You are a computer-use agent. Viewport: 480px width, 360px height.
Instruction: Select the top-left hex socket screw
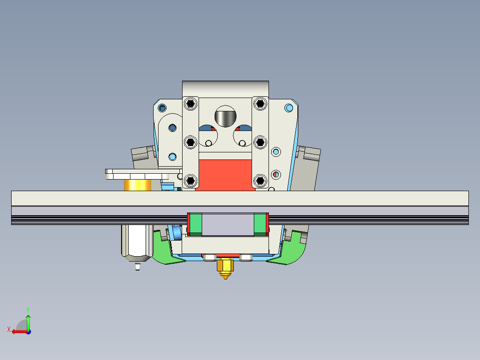pos(191,104)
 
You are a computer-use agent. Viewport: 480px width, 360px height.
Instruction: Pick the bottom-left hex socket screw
pos(191,180)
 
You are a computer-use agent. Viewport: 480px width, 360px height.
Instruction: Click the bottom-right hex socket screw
pos(260,180)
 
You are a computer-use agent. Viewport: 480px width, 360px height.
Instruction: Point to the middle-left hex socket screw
pos(191,142)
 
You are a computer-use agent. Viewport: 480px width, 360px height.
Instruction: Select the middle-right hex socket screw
pos(260,142)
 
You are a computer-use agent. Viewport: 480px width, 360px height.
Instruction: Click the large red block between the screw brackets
pos(225,175)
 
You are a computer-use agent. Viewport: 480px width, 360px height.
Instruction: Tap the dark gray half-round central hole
pos(225,117)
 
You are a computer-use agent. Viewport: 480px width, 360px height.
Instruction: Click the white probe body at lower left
pos(135,241)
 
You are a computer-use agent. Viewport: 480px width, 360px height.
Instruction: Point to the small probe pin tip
pos(137,267)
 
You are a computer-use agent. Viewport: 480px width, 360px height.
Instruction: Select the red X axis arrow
pos(17,331)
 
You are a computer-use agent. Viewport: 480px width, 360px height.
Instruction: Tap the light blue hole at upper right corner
pos(289,108)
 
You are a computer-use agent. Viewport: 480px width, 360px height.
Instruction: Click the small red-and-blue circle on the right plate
pos(276,175)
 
